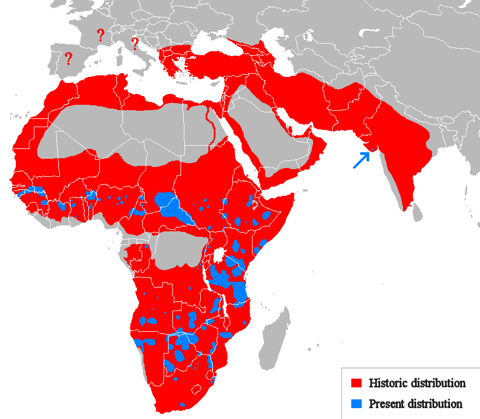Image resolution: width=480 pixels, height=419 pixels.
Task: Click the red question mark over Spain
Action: [68, 58]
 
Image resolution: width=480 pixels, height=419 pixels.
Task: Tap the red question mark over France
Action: [100, 35]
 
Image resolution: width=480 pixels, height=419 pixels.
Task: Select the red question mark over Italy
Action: [135, 44]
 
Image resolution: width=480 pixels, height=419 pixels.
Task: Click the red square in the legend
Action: [357, 384]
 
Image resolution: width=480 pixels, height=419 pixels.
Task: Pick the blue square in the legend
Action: [357, 404]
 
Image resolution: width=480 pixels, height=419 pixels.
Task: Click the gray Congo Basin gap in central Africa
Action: [177, 248]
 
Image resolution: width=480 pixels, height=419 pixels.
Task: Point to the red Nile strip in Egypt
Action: [208, 125]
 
